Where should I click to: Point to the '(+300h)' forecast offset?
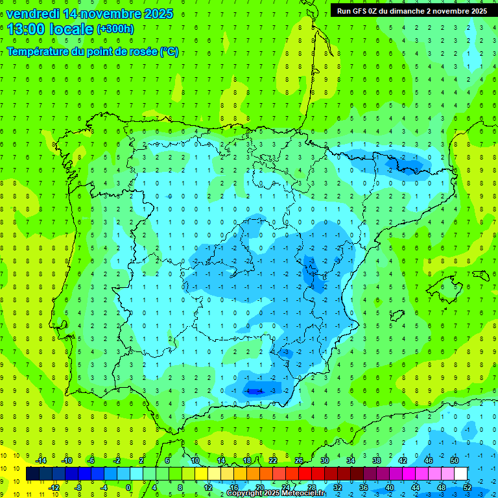[115, 29]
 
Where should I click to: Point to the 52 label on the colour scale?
[468, 487]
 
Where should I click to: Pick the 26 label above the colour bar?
[299, 460]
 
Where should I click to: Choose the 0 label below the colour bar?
[129, 487]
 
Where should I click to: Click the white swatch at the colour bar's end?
[460, 474]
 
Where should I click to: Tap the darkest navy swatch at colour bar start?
[32, 474]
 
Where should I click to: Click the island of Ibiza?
[395, 316]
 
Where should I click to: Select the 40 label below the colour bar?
[389, 487]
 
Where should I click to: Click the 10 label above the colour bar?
[195, 460]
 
